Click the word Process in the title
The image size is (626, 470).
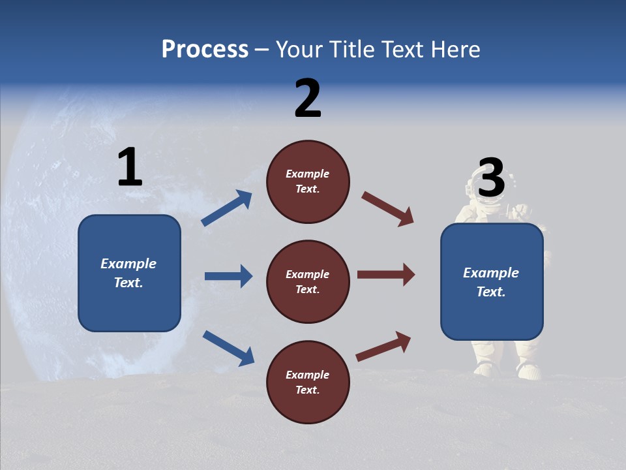point(205,50)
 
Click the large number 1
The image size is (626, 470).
point(130,168)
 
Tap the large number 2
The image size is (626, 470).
point(308,99)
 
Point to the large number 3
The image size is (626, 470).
point(491,178)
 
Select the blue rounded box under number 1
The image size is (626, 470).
point(129,273)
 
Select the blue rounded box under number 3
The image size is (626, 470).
point(492,282)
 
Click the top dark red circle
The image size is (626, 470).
point(308,181)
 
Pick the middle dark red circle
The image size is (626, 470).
point(308,281)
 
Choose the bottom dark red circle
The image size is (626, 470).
point(308,382)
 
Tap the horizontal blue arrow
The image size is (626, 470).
point(228,276)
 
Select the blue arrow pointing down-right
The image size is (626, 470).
point(228,348)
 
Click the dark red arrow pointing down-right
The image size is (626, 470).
point(387,209)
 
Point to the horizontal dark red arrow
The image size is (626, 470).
point(385,274)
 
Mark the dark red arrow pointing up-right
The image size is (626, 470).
point(383,346)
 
